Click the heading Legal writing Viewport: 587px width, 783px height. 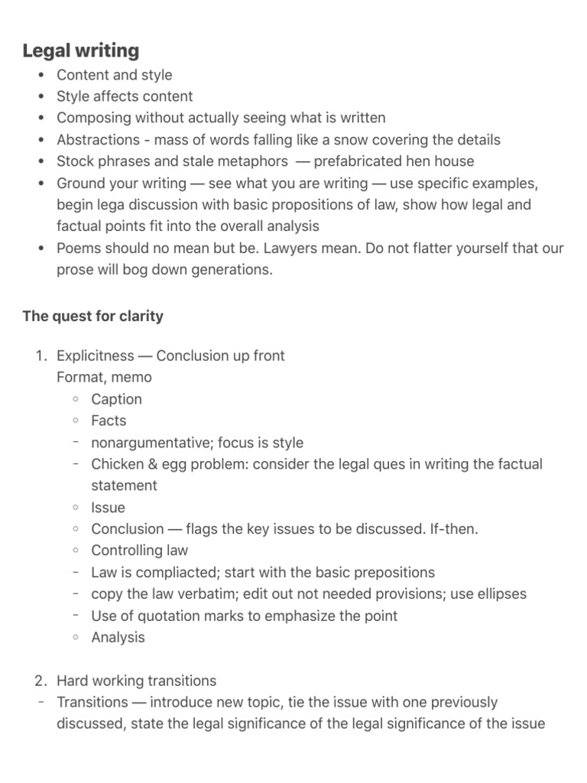pos(81,51)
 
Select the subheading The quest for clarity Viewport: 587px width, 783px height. pos(92,316)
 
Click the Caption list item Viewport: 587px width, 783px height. pos(116,399)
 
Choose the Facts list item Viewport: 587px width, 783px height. pos(109,421)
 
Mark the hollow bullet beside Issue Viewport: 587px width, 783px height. pos(76,508)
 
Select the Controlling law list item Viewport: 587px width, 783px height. pos(139,551)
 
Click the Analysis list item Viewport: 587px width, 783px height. pos(118,637)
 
